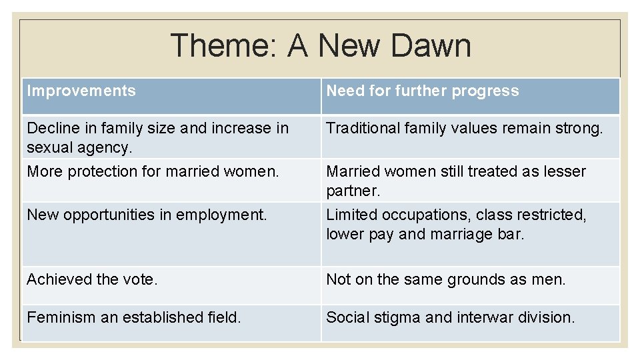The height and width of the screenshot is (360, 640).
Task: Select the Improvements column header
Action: [81, 91]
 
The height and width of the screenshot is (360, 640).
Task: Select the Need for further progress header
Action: [422, 91]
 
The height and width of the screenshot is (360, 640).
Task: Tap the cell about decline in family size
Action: [157, 137]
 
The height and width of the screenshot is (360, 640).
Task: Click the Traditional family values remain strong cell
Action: [463, 128]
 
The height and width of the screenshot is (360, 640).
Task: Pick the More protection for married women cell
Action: [153, 171]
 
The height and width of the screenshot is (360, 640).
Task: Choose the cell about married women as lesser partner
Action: [455, 181]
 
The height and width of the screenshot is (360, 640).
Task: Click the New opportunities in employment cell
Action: [147, 215]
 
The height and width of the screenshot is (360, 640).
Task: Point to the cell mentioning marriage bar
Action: [455, 225]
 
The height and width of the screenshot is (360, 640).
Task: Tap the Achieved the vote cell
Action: [92, 279]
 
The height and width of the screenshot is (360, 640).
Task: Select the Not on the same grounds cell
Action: [445, 279]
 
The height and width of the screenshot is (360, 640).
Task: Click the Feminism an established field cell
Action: [133, 317]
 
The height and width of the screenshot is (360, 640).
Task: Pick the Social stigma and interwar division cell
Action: [450, 317]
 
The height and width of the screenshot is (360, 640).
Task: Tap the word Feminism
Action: [61, 317]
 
